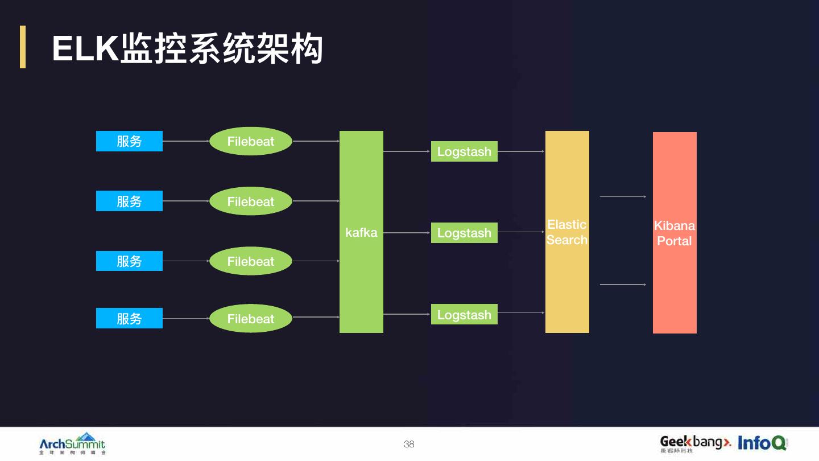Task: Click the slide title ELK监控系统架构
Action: coord(188,48)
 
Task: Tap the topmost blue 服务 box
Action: coord(129,141)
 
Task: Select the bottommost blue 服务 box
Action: coord(129,318)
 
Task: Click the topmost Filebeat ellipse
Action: coord(251,141)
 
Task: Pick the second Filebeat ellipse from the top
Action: coord(251,201)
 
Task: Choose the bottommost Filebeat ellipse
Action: coord(251,318)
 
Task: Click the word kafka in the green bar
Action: coord(361,232)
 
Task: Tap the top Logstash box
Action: coord(464,151)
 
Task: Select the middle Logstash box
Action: coord(464,233)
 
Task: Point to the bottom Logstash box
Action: coord(464,314)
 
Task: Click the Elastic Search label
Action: coord(567,232)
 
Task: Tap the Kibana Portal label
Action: coord(675,233)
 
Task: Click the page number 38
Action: coord(409,444)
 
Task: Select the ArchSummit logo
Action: coord(72,443)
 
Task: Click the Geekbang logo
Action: coord(695,443)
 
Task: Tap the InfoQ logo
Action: coord(762,443)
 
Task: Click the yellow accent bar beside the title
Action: coord(23,47)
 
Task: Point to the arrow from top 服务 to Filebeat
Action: coord(186,141)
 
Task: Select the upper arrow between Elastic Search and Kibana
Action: coord(623,196)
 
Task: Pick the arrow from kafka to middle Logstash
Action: coord(407,233)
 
